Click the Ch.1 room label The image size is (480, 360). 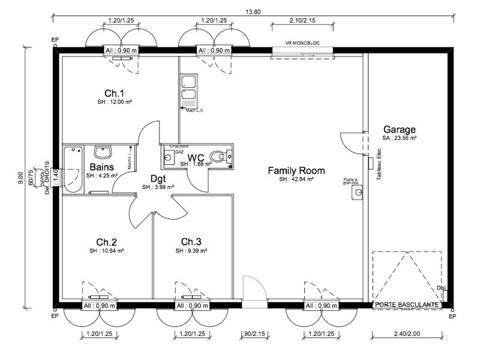[114, 93]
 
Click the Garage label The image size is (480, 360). [400, 129]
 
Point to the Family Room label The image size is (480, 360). [292, 170]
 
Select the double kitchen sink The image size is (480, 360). [188, 88]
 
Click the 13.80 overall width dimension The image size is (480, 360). [253, 13]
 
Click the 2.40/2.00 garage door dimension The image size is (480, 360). [408, 334]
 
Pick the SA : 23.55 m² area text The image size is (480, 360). [400, 138]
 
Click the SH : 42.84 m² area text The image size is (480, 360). [292, 179]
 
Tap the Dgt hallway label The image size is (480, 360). [158, 178]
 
